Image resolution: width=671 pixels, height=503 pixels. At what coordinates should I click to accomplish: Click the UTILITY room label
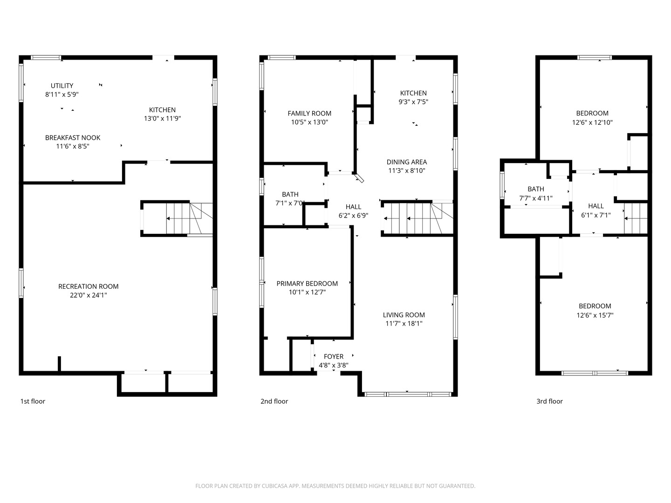62,86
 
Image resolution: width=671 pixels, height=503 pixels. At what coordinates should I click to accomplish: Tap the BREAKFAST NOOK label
73,138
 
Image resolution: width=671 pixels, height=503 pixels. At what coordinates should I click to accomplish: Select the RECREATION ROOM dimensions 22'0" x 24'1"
88,295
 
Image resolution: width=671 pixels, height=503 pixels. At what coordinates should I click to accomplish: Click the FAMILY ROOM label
309,113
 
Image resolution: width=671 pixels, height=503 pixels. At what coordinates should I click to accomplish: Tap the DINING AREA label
406,162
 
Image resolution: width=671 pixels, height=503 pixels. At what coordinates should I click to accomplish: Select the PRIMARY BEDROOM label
307,284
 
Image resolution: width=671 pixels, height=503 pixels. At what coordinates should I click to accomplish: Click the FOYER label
334,357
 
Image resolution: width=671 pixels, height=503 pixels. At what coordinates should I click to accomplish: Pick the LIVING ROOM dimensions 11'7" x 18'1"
404,324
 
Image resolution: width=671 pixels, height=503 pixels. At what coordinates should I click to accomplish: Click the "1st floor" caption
33,401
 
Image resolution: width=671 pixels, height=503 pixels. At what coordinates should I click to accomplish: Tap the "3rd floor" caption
549,401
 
